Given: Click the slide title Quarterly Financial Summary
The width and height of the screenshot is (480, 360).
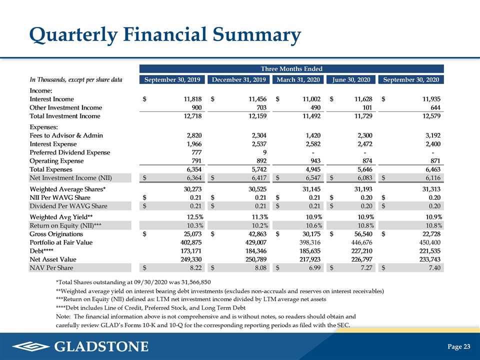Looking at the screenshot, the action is tap(165, 34).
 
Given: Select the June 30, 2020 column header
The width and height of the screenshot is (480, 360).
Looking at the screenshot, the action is tap(351, 79).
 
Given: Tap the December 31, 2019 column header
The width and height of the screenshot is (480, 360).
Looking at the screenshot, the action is tap(239, 79).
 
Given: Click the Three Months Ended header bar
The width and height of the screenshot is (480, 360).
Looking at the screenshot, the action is tap(291, 68).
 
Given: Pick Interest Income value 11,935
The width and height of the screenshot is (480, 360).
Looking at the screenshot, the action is tap(431, 99).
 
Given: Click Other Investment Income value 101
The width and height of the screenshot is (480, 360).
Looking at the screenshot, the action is tap(367, 107).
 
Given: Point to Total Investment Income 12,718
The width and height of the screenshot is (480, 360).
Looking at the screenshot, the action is tap(192, 116).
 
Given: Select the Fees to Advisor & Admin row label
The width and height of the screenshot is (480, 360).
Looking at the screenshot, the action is tap(66, 135).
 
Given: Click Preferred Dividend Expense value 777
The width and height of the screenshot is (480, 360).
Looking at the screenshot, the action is tap(196, 152).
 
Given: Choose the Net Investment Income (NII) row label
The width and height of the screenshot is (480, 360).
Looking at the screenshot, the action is tap(70, 178).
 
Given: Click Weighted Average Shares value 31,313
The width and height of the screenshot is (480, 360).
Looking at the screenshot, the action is tap(431, 189).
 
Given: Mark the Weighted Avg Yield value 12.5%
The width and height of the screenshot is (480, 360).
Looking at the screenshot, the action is tap(195, 217).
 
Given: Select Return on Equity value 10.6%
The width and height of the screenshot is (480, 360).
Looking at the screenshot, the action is tap(314, 225).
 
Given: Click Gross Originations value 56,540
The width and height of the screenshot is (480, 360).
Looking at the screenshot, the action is tap(363, 234).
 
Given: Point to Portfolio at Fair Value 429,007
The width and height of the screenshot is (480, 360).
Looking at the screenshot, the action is tap(255, 242).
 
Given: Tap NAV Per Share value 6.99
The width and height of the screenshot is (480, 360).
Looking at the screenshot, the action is tap(314, 268).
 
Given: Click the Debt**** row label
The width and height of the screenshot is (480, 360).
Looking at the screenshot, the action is tap(41, 250).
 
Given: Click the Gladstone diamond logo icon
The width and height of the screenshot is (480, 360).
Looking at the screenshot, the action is tap(31, 346).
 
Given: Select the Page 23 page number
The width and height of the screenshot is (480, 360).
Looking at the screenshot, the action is tap(458, 346).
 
